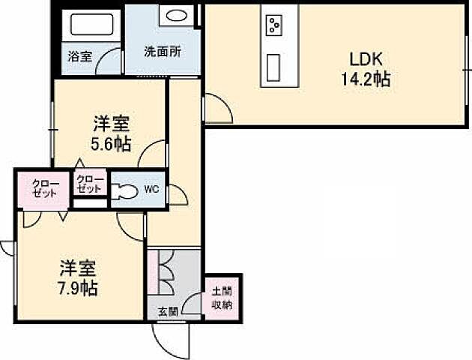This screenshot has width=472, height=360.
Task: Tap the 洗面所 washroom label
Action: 161,53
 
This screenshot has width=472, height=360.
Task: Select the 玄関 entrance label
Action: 167,311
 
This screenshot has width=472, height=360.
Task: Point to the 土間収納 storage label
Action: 222,298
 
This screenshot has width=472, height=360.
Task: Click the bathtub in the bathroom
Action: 90,28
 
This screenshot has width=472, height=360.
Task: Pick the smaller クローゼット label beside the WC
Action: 89,184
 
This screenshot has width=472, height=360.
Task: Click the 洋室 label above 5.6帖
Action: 112,123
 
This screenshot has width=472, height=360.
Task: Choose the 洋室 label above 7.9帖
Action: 79,267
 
